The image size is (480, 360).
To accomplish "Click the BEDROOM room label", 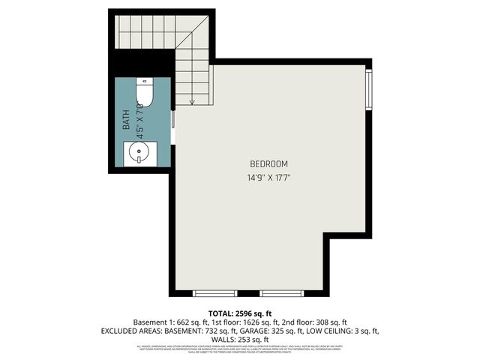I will click(x=268, y=163).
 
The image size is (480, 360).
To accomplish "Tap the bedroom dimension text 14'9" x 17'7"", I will click(x=268, y=178).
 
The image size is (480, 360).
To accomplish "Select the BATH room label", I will click(x=127, y=119).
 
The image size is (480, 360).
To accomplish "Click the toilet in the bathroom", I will click(x=145, y=94).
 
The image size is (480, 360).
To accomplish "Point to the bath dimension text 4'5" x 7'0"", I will click(x=138, y=118).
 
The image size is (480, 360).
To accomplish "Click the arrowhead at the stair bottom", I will click(x=193, y=101).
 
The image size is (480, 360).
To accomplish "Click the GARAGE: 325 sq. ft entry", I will click(x=284, y=330).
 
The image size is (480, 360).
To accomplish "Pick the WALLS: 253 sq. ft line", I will click(x=239, y=339).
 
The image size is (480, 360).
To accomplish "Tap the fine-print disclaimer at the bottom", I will click(x=239, y=349).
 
